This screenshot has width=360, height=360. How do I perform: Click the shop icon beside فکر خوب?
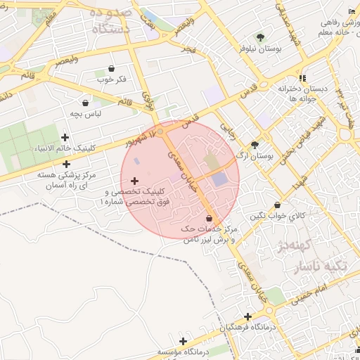pyautogui.click(x=112, y=68)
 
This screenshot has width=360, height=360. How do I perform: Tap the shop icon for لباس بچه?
pyautogui.click(x=86, y=103)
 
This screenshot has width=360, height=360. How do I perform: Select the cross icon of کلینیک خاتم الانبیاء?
pyautogui.click(x=65, y=138)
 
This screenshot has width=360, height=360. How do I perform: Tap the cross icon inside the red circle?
pyautogui.click(x=134, y=181)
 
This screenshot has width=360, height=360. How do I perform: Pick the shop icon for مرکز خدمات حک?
pyautogui.click(x=210, y=219)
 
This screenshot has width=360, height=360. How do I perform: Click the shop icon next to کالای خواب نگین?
pyautogui.click(x=278, y=205)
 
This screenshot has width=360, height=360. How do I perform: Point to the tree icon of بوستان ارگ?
pyautogui.click(x=255, y=144)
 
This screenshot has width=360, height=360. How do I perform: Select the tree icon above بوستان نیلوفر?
pyautogui.click(x=261, y=37)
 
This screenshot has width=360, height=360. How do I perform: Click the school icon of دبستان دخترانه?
pyautogui.click(x=302, y=78)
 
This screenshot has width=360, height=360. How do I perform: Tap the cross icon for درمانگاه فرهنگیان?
pyautogui.click(x=247, y=317)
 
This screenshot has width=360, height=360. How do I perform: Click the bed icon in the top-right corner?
pyautogui.click(x=352, y=11)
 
